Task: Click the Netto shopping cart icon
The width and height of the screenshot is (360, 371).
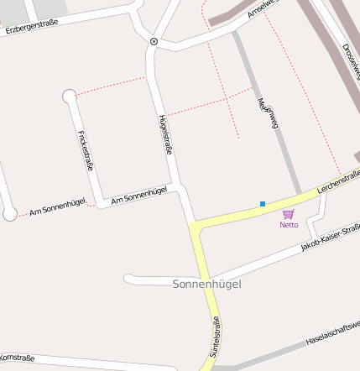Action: point(289,214)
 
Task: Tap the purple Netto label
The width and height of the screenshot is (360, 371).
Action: point(289,225)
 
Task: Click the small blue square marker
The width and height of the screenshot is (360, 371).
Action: point(263,204)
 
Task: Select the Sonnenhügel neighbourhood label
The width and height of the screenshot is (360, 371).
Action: point(206,285)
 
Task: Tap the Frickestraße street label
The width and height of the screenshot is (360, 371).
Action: point(85,151)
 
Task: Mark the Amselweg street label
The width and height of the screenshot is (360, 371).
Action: point(263,10)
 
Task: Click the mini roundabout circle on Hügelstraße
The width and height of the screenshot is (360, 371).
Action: point(154,40)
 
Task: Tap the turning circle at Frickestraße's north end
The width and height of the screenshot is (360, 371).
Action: point(70,97)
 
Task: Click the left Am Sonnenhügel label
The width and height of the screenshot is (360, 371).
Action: point(57,209)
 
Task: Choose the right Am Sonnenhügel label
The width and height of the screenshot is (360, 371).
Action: point(138,192)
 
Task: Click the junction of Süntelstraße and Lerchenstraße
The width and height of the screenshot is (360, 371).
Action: point(196,227)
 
